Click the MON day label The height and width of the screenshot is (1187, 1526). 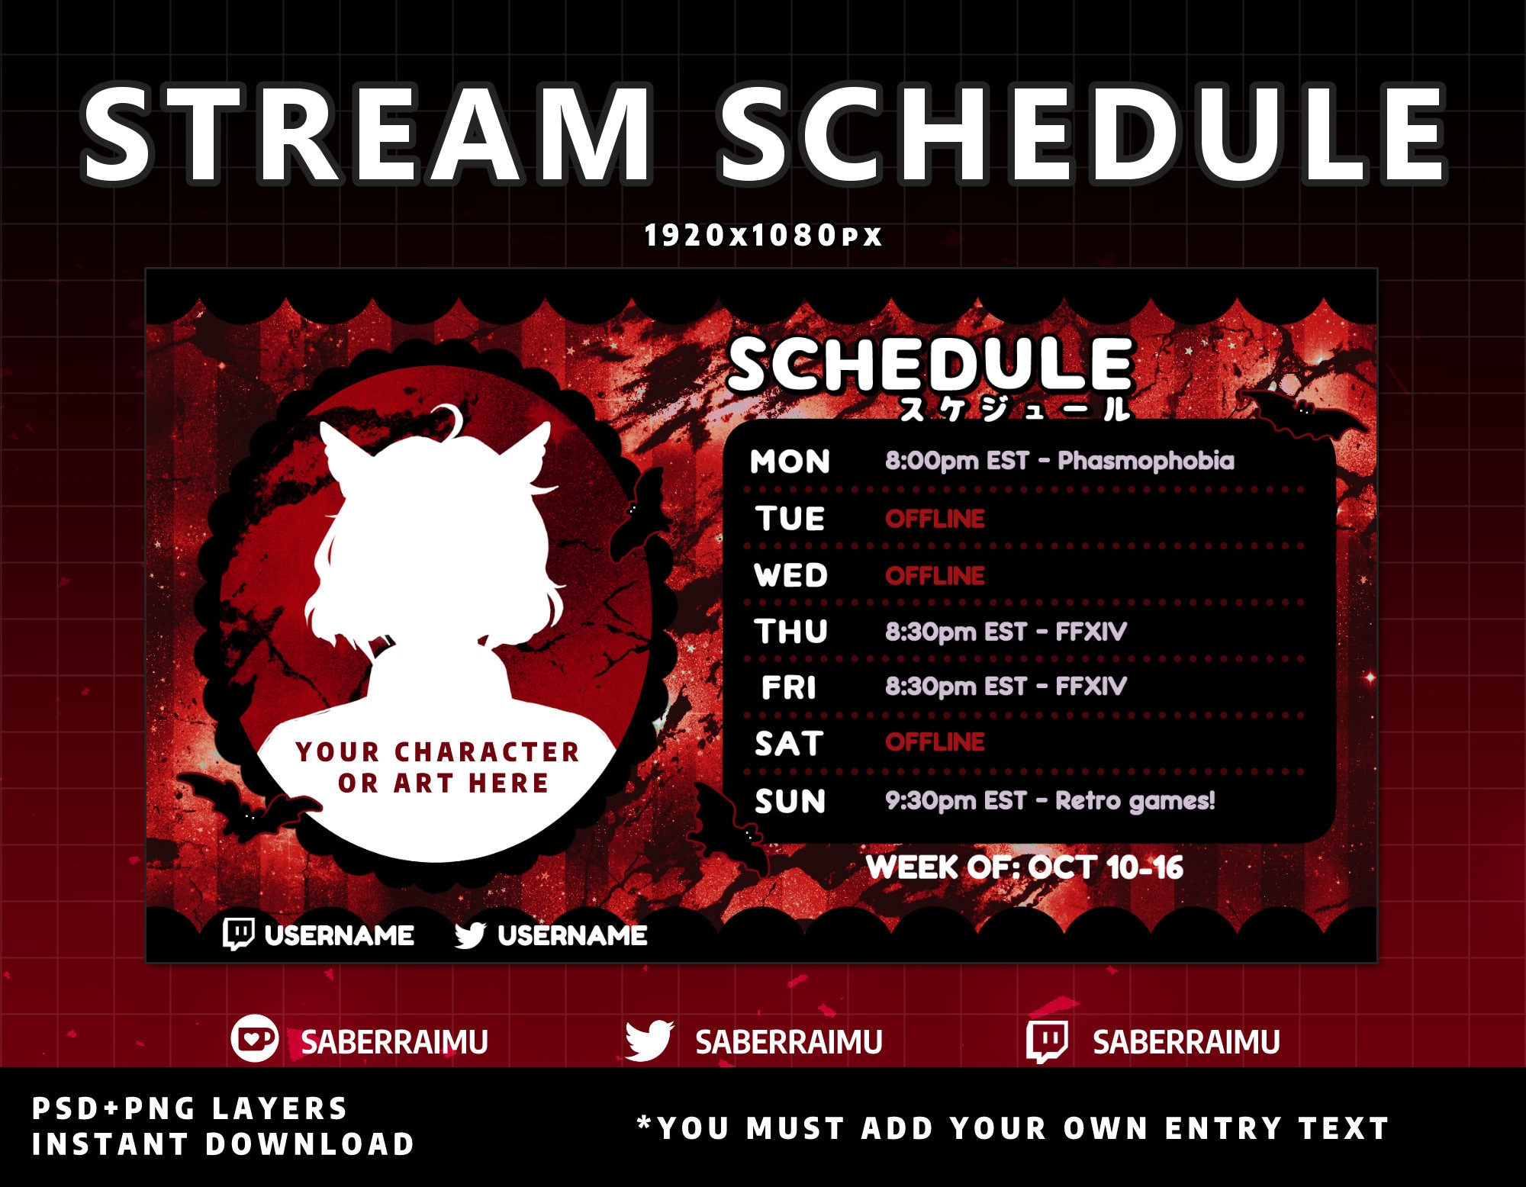tap(790, 462)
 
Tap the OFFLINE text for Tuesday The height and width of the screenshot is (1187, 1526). tap(934, 519)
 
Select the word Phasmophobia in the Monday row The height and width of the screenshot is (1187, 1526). tap(1145, 461)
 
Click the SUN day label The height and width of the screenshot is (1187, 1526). tap(790, 801)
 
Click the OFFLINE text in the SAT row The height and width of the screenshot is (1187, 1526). tap(934, 741)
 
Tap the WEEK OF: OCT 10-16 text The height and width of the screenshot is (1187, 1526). tap(1024, 867)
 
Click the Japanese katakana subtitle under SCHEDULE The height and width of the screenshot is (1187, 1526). tap(1015, 410)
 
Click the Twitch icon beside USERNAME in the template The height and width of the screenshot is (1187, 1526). tap(238, 934)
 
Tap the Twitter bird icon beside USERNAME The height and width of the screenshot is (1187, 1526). tap(470, 934)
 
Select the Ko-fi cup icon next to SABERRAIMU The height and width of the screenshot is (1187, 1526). tap(254, 1038)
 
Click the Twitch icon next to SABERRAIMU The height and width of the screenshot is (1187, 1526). tap(1047, 1041)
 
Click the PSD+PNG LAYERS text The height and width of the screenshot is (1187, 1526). tap(189, 1108)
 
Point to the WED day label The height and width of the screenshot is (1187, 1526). tap(790, 575)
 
